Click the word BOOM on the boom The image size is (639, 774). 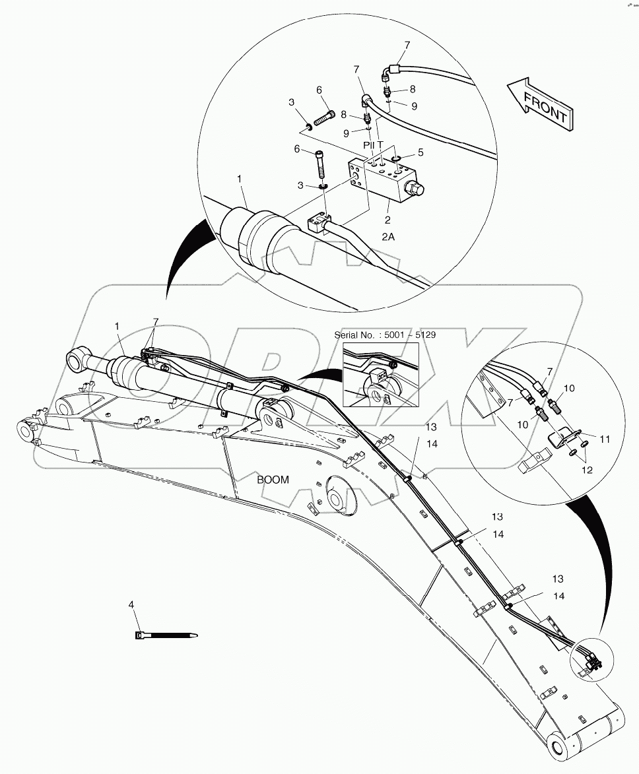coord(273,480)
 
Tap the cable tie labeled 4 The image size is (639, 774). coord(165,635)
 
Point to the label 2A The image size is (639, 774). coord(387,236)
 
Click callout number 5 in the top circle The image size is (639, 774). coord(420,152)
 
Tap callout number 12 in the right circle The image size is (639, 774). coord(587,470)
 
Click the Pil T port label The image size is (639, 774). coord(373,144)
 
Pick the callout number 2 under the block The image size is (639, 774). coord(387,220)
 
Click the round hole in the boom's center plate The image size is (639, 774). coord(340,499)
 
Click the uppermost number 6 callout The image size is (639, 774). coord(319,90)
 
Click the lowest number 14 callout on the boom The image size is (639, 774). coord(559,596)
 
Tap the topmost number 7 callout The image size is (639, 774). coord(407,45)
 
